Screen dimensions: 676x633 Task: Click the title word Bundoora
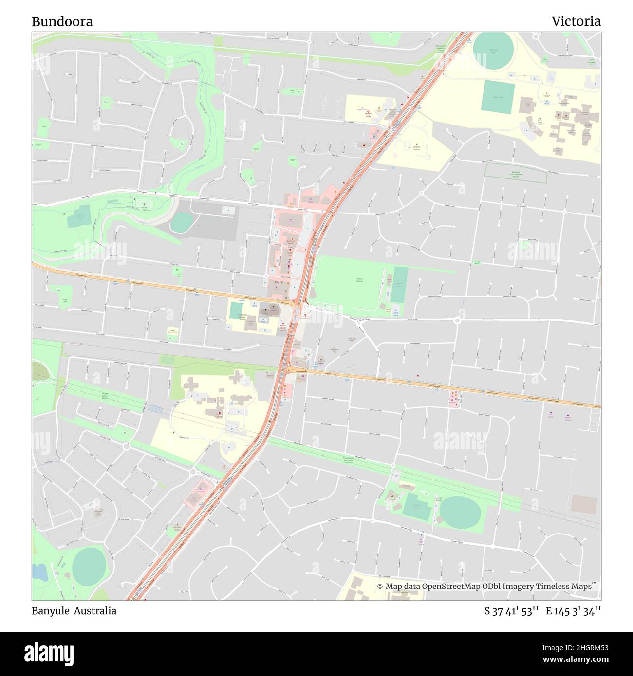(x=62, y=21)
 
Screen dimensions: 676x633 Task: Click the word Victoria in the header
(x=576, y=21)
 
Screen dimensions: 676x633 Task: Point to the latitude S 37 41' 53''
(x=511, y=611)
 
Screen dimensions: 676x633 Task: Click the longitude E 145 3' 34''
(x=573, y=611)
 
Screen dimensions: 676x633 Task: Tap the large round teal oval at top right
(x=493, y=51)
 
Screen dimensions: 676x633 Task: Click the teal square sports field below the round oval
(x=498, y=97)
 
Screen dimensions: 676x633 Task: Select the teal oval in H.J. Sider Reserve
(x=460, y=512)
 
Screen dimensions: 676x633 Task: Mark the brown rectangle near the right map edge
(x=584, y=504)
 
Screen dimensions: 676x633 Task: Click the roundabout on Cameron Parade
(x=457, y=320)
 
